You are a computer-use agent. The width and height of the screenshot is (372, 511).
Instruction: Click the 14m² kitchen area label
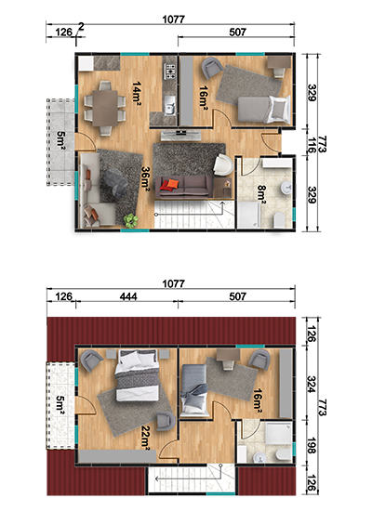137,91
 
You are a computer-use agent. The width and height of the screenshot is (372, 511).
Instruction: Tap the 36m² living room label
145,177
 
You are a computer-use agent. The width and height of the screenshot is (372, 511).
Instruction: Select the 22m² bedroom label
145,438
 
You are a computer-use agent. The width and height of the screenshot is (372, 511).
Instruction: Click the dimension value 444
128,296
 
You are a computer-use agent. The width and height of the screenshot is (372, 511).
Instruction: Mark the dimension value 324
312,385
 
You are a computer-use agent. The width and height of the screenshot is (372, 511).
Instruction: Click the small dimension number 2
81,27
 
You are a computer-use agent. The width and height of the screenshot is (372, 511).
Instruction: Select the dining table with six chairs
105,108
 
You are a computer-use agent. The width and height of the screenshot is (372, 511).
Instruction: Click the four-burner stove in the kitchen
169,72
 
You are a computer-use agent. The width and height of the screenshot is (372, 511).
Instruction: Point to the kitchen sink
170,106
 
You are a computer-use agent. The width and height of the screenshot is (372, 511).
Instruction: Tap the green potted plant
131,220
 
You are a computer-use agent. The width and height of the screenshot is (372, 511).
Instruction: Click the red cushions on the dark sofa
170,185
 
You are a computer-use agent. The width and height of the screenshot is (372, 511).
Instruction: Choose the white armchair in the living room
223,164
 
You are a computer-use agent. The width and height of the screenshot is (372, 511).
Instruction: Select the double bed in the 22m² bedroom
138,375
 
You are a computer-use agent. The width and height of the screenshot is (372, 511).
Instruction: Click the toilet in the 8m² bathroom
280,220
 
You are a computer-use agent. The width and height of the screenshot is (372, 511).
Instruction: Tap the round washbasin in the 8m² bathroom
286,187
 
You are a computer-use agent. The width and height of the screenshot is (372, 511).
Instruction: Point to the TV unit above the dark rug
180,135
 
